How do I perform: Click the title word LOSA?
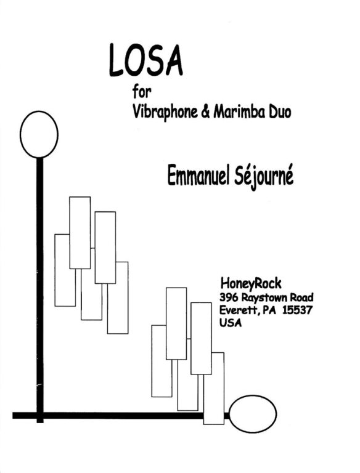(x=146, y=60)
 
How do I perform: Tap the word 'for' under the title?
(x=141, y=92)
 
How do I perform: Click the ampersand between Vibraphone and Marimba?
(x=205, y=112)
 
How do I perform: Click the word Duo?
(x=279, y=112)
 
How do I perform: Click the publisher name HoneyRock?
(x=251, y=283)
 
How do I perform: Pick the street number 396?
(x=229, y=297)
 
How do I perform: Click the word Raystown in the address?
(x=264, y=298)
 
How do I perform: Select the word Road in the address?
(x=301, y=297)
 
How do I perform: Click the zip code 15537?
(x=297, y=310)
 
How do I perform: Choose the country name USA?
(x=231, y=323)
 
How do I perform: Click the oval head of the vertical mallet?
(x=39, y=134)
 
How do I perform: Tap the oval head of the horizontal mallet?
(x=253, y=414)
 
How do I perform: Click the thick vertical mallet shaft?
(x=40, y=290)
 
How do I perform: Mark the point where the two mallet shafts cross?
(x=40, y=415)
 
